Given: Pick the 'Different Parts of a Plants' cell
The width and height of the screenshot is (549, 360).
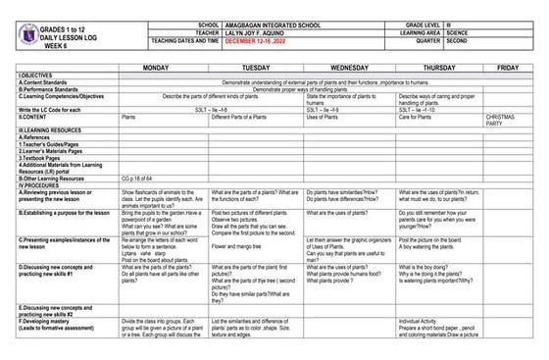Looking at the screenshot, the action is coord(242,117).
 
